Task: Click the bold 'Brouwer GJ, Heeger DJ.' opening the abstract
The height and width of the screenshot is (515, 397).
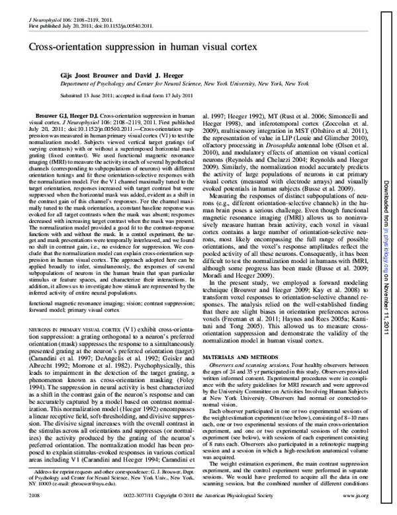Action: (x=64, y=116)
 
